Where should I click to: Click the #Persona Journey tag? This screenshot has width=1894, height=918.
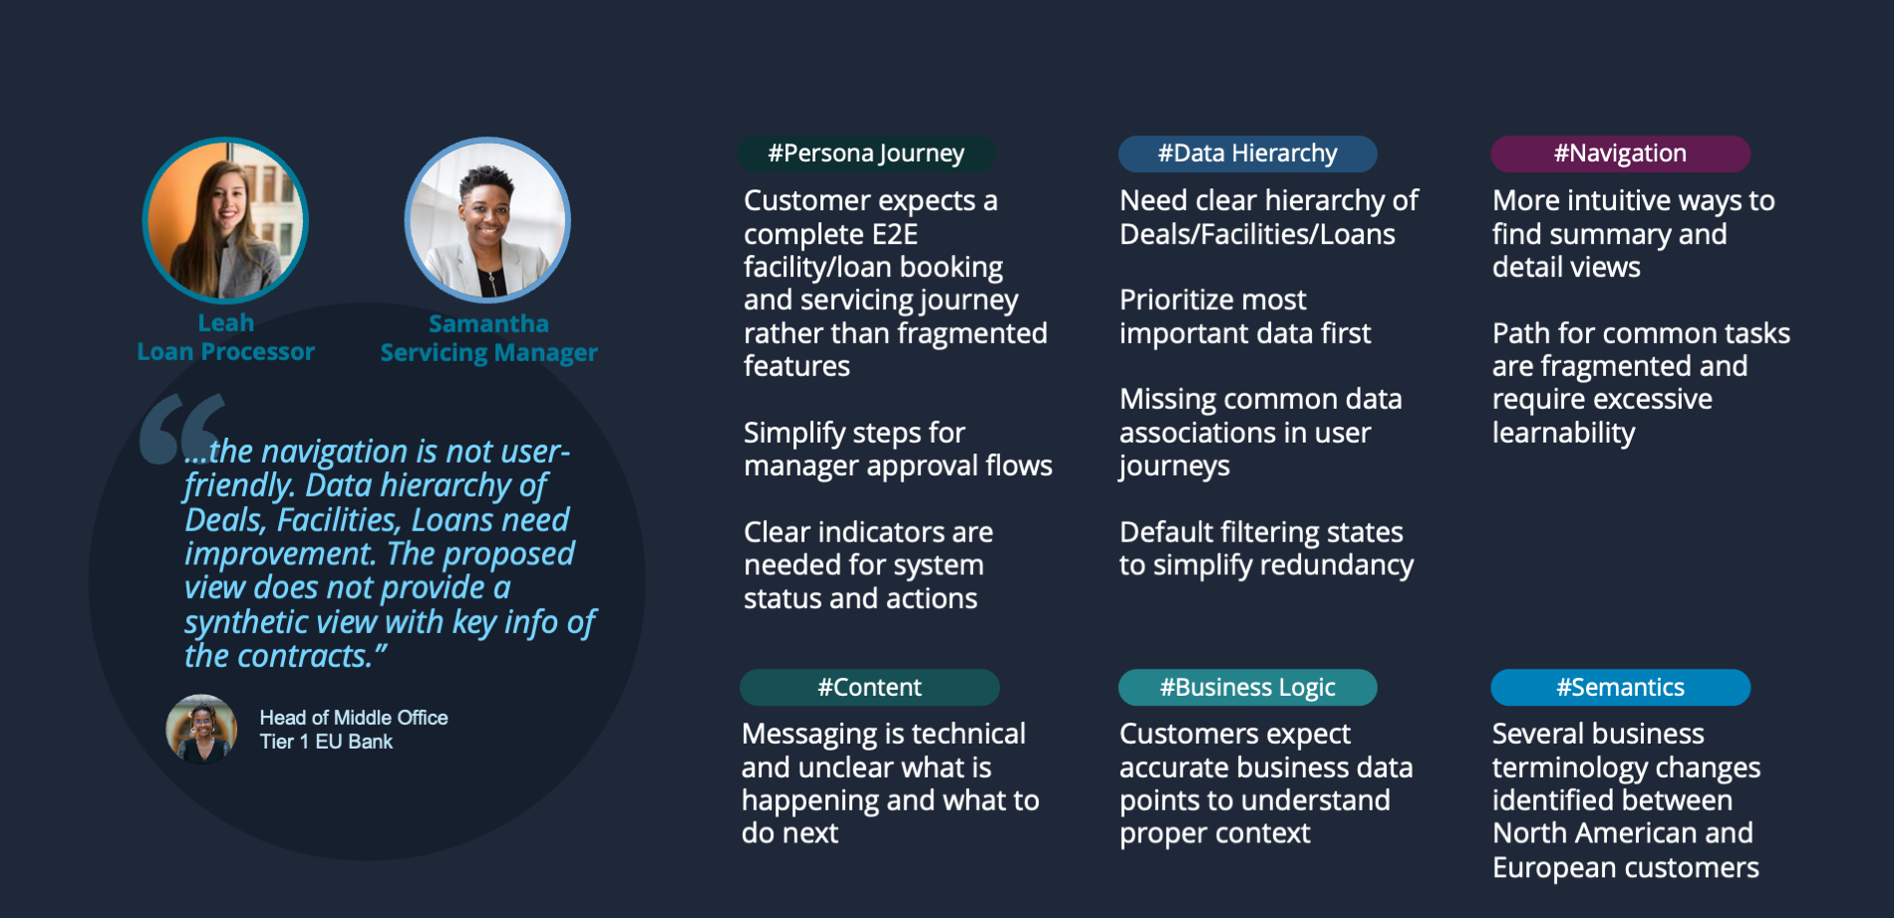(x=866, y=153)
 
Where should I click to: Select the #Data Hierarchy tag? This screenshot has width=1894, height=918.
(x=1247, y=153)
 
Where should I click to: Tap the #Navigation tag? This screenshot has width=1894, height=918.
(x=1620, y=153)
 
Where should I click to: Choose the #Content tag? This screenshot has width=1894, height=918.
(x=869, y=688)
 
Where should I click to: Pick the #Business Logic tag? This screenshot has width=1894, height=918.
(x=1247, y=688)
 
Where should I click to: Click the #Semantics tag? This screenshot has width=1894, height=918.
(x=1620, y=688)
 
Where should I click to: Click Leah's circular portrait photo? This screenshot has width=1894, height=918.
(x=225, y=220)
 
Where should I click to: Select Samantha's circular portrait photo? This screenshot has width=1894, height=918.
(x=487, y=220)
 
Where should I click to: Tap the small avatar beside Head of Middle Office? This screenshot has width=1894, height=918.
(x=201, y=729)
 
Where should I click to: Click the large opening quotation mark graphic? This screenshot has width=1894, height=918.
(x=181, y=430)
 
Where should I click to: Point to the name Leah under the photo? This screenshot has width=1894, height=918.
(x=226, y=323)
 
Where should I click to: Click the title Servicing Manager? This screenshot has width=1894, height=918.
(x=488, y=353)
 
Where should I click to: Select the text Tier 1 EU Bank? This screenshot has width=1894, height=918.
(x=326, y=742)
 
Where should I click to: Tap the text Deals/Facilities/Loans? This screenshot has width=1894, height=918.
(x=1257, y=234)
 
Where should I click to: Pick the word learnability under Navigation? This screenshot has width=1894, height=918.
(x=1563, y=433)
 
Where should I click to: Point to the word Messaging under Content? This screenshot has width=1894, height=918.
(x=811, y=735)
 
